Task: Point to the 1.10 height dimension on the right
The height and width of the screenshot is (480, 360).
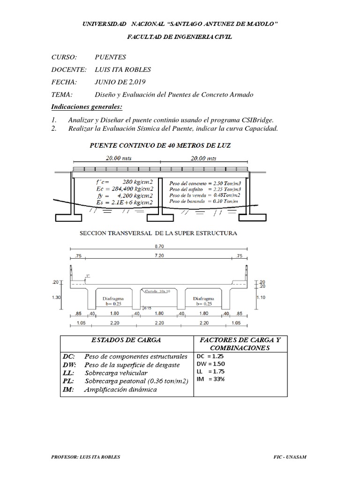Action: (x=261, y=297)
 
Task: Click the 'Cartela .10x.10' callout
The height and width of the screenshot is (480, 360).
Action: (x=158, y=291)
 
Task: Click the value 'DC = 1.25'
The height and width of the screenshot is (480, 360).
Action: (x=211, y=356)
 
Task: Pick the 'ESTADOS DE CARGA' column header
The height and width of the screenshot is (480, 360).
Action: (x=127, y=340)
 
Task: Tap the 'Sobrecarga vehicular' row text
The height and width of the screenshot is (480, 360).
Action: (x=116, y=373)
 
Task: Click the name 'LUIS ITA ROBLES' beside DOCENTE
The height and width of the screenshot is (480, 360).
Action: (x=122, y=70)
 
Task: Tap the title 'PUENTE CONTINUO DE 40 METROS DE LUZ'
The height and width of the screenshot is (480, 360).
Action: (x=160, y=146)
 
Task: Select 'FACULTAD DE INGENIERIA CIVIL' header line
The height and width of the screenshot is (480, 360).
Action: (x=180, y=37)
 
